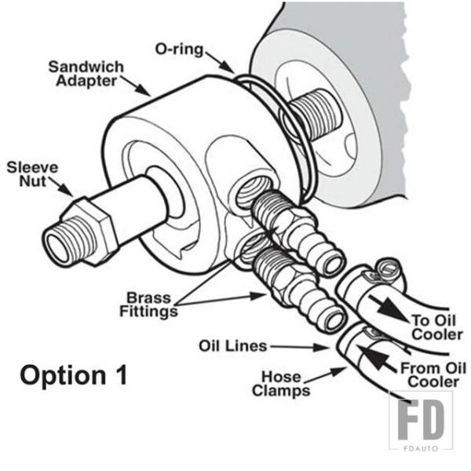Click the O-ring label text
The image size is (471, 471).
tap(179, 49)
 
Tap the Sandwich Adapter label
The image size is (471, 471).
tap(86, 74)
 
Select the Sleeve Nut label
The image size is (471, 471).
tap(32, 174)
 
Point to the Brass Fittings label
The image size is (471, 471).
tap(148, 305)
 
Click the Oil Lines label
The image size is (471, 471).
tap(233, 345)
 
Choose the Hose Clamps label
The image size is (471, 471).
tap(281, 384)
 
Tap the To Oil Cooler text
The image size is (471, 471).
tap(436, 327)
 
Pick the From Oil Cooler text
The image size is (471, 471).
tap(433, 375)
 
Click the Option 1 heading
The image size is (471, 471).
tap(74, 375)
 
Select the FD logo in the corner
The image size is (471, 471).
tap(421, 420)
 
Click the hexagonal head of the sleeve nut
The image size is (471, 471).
tap(89, 231)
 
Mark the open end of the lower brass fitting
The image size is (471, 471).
tap(334, 321)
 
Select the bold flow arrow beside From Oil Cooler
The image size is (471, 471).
tap(378, 359)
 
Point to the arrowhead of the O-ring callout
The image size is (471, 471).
tap(228, 68)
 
